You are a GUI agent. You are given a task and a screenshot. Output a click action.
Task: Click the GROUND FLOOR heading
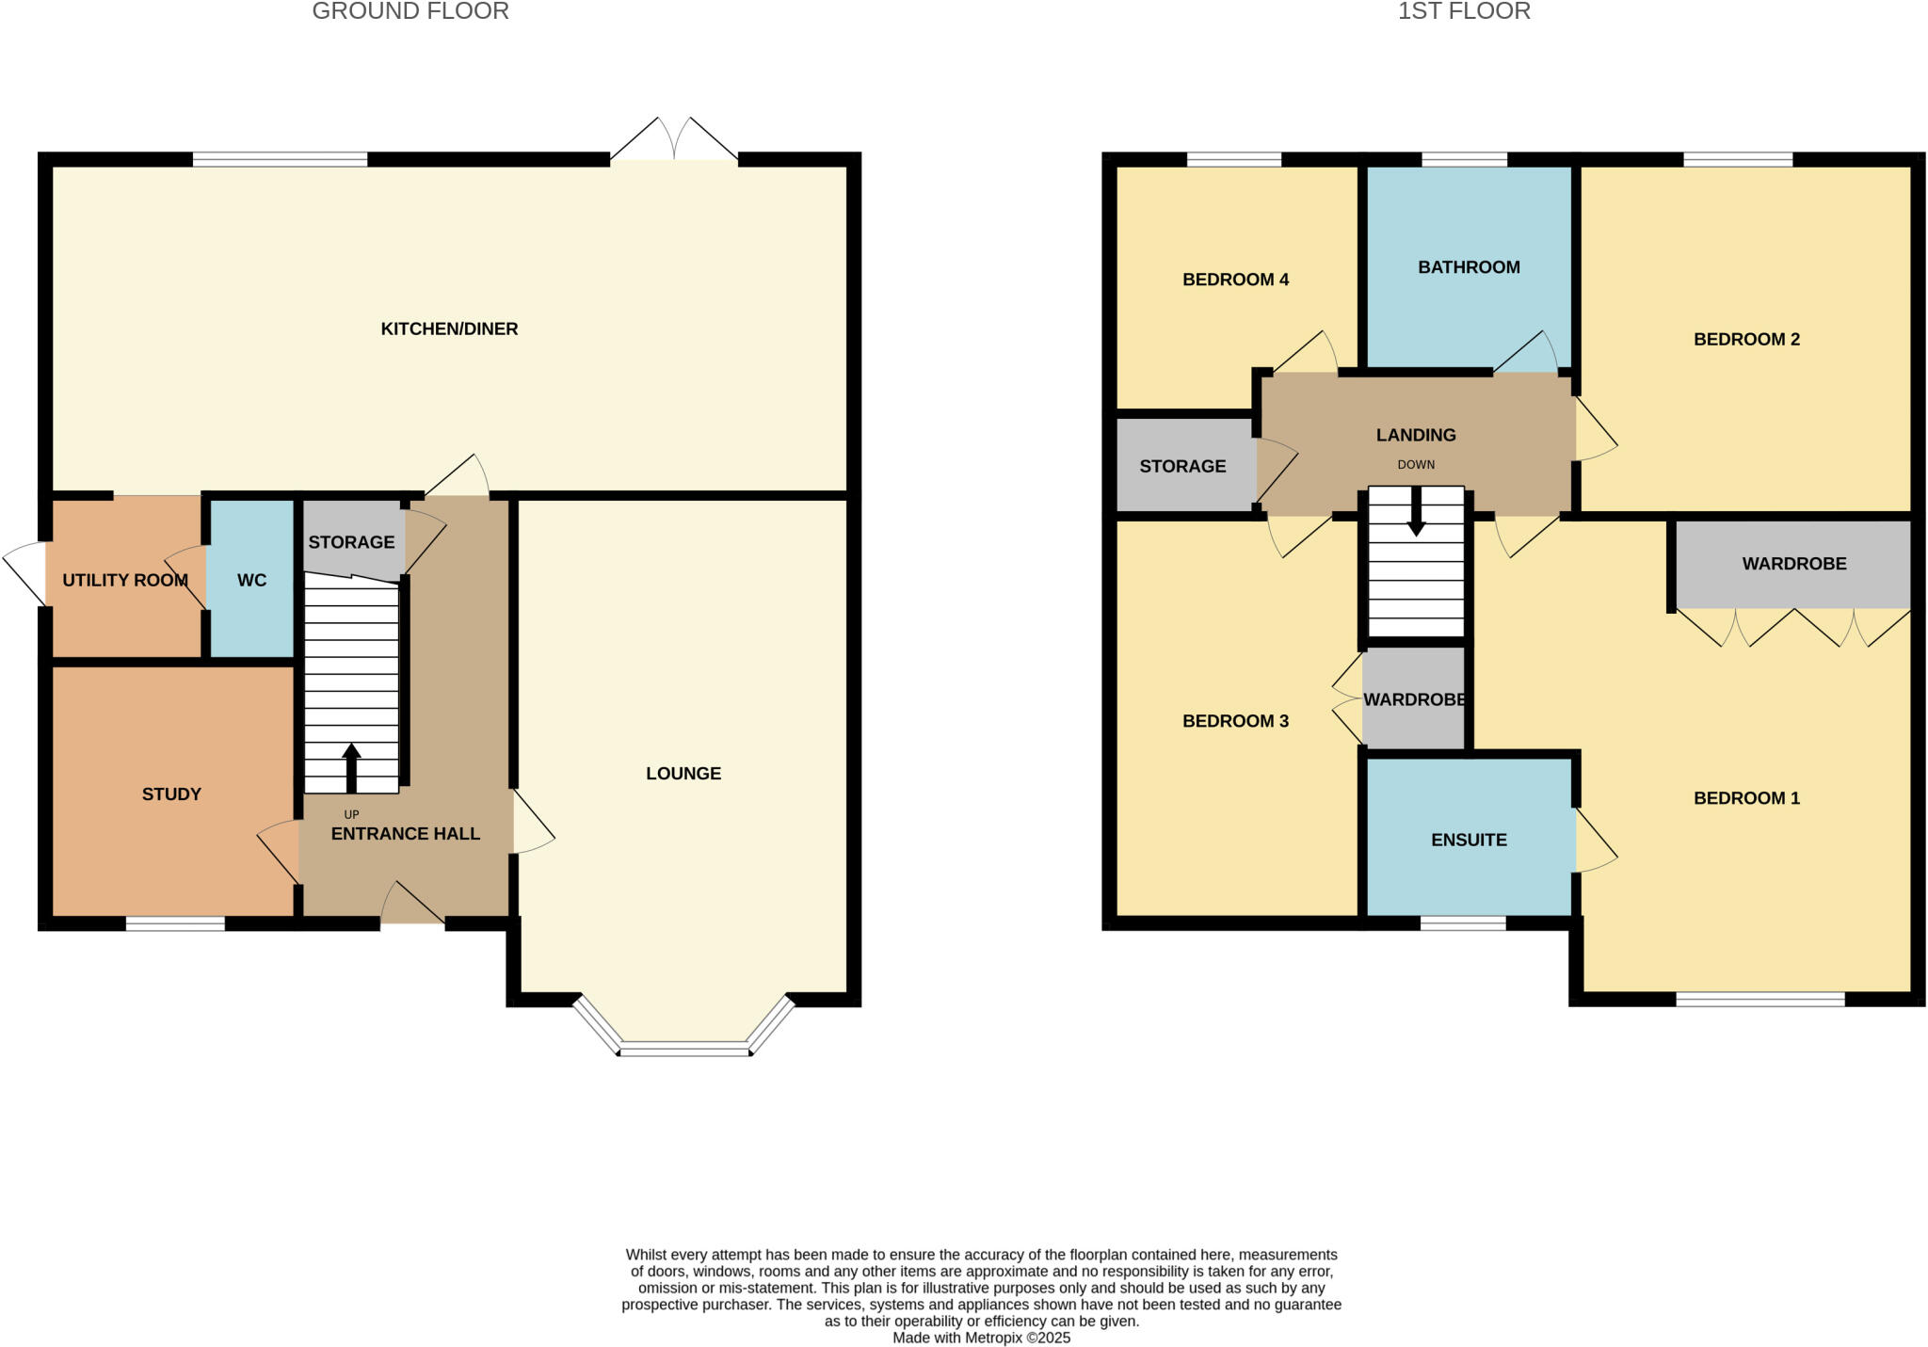[x=410, y=11]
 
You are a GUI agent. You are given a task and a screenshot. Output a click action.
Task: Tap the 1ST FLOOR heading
[x=1464, y=11]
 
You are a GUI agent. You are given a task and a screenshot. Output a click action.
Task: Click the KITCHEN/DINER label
[x=449, y=329]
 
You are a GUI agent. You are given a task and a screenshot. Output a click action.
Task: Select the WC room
[x=251, y=580]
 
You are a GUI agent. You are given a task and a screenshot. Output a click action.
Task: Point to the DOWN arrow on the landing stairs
[x=1416, y=513]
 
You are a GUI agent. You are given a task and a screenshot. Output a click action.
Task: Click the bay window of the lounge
[x=684, y=1048]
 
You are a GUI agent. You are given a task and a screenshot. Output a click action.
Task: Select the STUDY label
[x=171, y=794]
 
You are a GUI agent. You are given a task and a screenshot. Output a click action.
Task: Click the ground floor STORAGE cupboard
[x=351, y=542]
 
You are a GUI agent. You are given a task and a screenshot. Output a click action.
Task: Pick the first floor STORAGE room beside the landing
[x=1182, y=466]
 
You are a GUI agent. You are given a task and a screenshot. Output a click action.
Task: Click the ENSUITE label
[x=1469, y=840]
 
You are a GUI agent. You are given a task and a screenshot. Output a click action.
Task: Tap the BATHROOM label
[x=1469, y=267]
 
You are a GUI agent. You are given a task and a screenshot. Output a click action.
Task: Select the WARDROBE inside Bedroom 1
[x=1793, y=564]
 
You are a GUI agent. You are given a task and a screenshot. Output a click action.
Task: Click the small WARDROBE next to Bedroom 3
[x=1414, y=699]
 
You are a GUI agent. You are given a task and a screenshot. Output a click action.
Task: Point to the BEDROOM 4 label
[x=1235, y=280]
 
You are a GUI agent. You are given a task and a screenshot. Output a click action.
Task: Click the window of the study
[x=175, y=924]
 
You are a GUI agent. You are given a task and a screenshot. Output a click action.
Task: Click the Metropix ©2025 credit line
[x=981, y=1338]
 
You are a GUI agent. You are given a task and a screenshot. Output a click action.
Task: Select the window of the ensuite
[x=1463, y=923]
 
